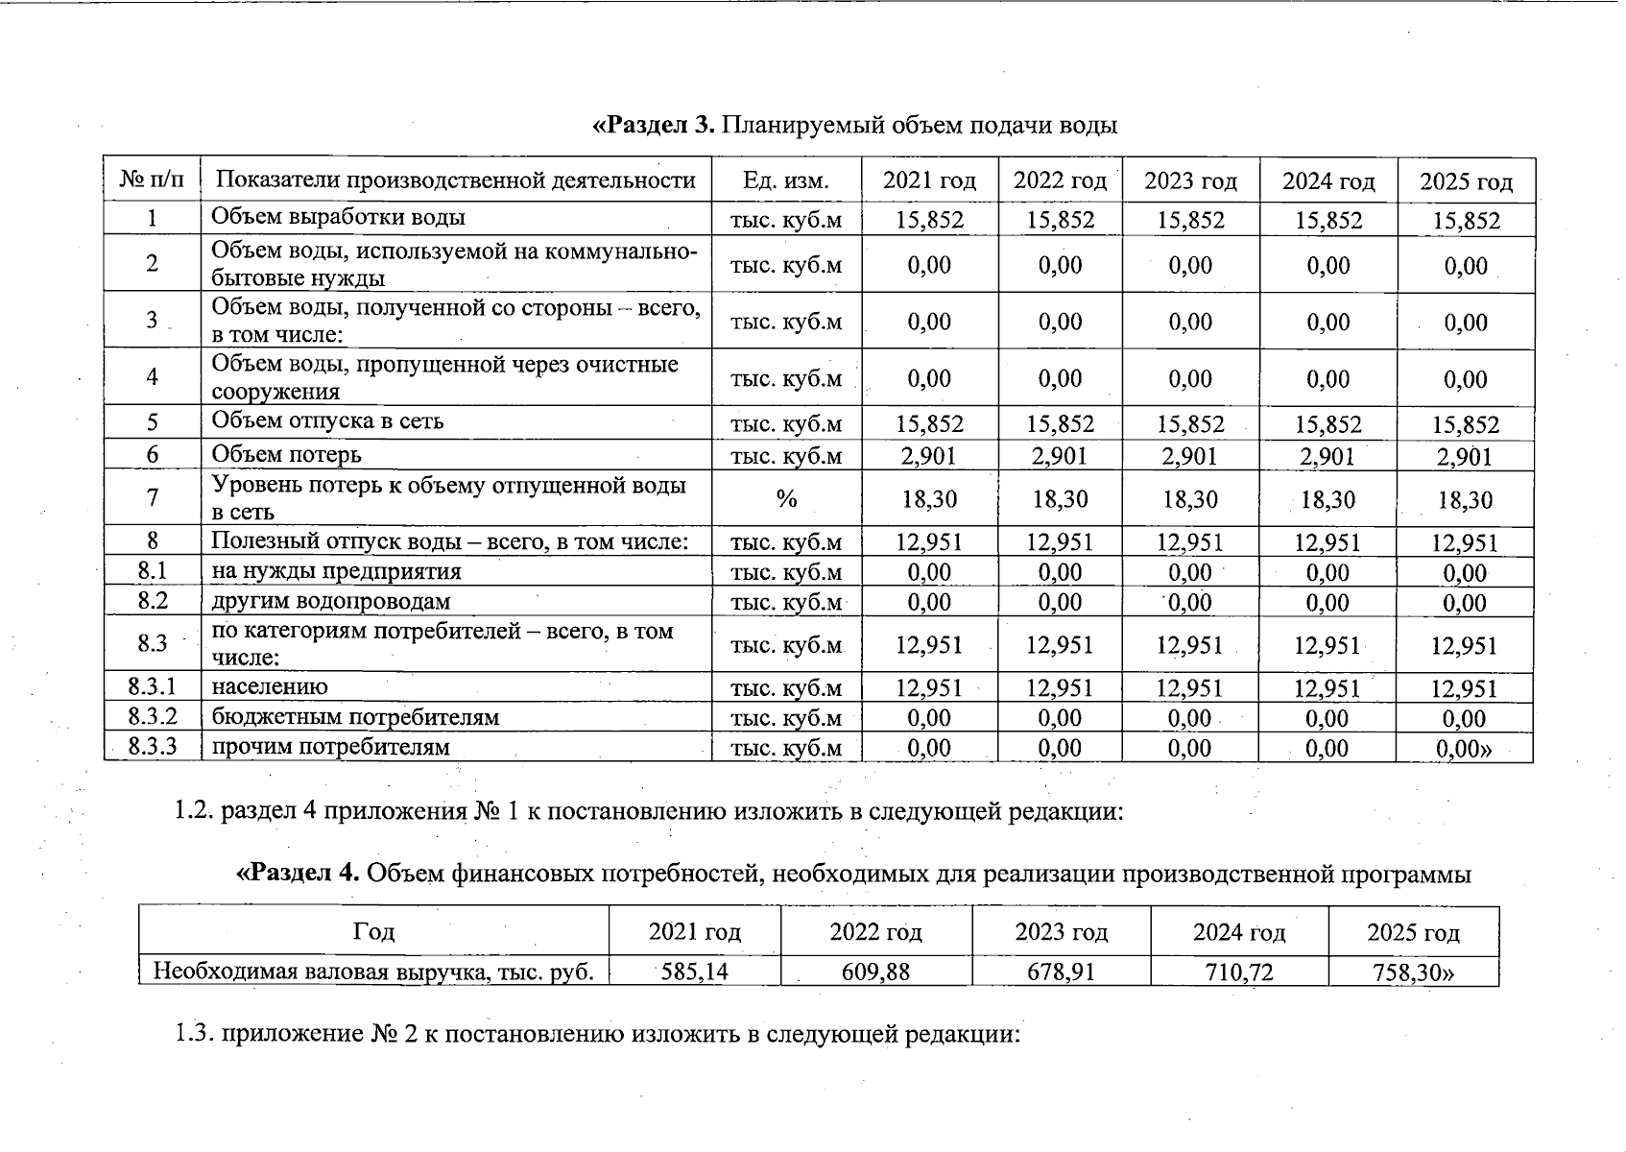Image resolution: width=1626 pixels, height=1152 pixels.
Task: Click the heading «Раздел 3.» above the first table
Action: tap(653, 126)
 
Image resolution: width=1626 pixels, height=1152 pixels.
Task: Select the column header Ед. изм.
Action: tap(785, 180)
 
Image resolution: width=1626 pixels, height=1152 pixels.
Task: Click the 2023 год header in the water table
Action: tap(1190, 181)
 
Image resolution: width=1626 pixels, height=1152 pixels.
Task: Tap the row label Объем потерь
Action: tap(286, 454)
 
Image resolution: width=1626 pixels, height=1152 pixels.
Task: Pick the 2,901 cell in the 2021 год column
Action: tap(928, 456)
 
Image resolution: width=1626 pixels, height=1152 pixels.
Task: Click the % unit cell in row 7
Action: tap(786, 498)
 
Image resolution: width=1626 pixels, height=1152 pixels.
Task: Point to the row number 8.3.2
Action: tap(153, 717)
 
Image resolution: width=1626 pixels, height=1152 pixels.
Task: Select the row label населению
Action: tap(270, 687)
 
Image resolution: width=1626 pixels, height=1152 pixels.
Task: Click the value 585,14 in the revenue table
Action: tap(695, 972)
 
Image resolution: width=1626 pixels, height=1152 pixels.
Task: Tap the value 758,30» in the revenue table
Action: tap(1413, 972)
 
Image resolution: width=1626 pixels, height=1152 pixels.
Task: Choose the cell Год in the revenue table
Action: tap(373, 931)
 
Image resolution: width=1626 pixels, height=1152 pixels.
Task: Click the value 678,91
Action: tap(1061, 972)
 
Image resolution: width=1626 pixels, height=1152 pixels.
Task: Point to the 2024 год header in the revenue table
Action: tap(1238, 932)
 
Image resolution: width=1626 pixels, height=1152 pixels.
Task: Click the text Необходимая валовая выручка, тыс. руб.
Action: tap(373, 972)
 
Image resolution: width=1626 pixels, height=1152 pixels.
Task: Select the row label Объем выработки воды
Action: tap(338, 217)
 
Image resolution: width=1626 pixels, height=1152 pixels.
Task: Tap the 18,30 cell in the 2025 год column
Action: tap(1465, 500)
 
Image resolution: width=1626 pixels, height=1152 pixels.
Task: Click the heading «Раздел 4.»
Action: tap(298, 874)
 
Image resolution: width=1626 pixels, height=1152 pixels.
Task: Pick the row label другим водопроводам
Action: tap(330, 602)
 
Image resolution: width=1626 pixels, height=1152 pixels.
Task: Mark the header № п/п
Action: tap(153, 180)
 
